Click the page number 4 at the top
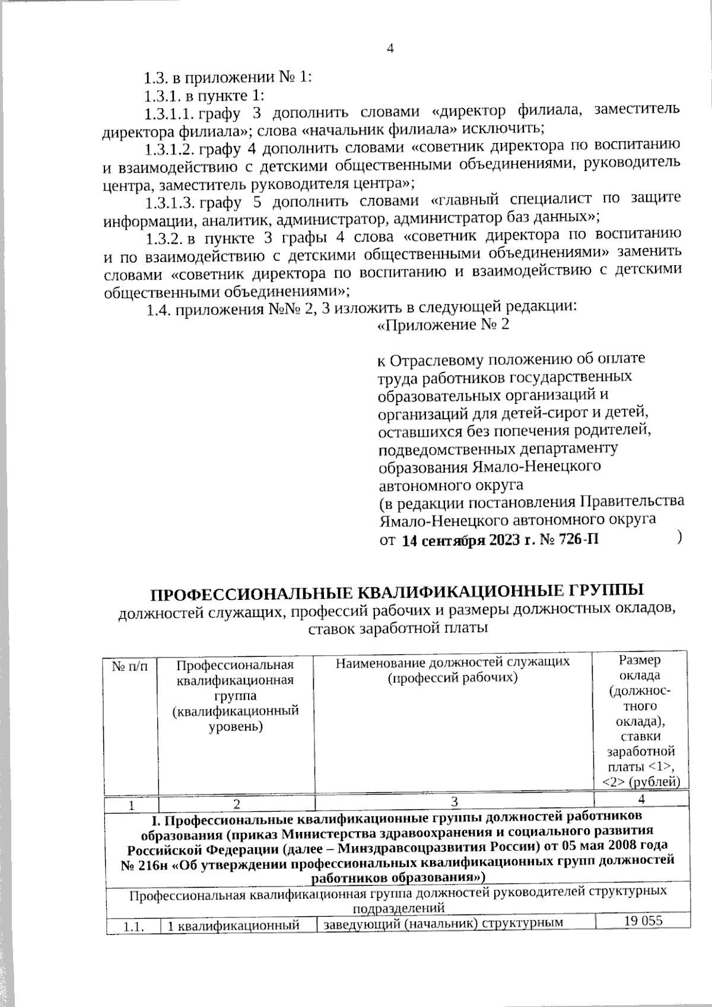coord(390,49)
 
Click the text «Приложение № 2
coord(444,325)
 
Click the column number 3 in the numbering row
coord(454,802)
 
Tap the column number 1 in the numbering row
coord(131,805)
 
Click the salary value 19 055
coord(643,921)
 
